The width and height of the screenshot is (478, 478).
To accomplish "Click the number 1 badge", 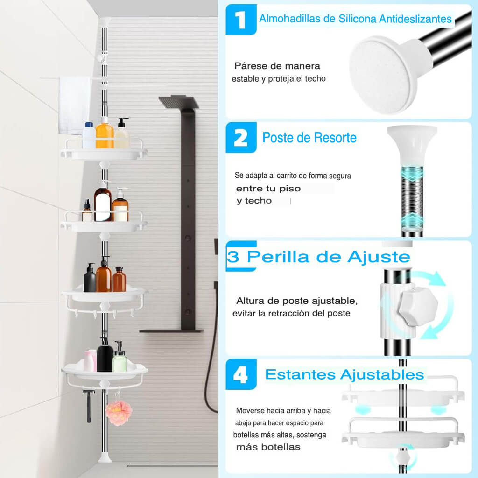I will pyautogui.click(x=241, y=20).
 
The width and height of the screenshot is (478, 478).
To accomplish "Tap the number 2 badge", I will pyautogui.click(x=241, y=138).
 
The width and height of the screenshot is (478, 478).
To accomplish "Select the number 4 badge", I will pyautogui.click(x=241, y=374).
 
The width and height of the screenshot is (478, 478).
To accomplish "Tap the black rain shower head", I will pyautogui.click(x=179, y=102).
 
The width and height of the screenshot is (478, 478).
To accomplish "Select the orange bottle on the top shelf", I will pyautogui.click(x=105, y=134).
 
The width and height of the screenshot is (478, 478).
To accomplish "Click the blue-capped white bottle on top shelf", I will pyautogui.click(x=89, y=135).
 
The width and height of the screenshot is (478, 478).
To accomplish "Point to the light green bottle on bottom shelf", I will pyautogui.click(x=119, y=359).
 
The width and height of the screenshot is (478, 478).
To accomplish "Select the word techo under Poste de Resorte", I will pyautogui.click(x=258, y=201).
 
